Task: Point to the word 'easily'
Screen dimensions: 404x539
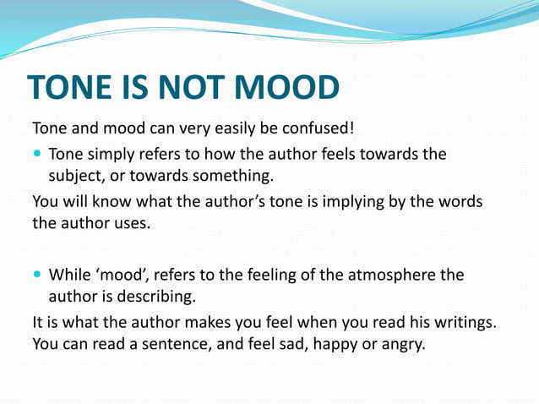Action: click(x=223, y=130)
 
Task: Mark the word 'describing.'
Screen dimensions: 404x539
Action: click(x=157, y=296)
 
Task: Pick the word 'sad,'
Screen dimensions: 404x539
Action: click(x=272, y=344)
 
